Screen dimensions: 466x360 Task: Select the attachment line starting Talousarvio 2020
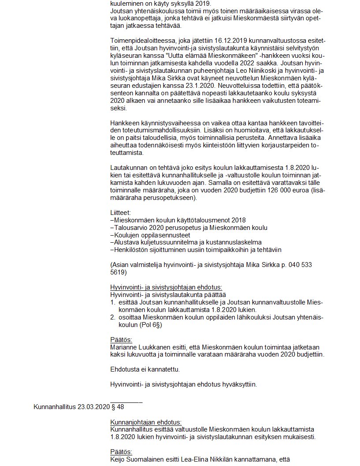pos(188,227)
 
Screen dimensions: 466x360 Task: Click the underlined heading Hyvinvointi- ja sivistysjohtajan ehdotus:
pos(166,287)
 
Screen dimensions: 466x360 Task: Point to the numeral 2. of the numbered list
pos(112,317)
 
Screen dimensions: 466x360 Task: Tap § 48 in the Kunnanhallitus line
pos(117,406)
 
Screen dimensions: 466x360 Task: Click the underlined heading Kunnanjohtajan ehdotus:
pos(146,421)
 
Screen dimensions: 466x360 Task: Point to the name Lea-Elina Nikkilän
pos(207,459)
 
